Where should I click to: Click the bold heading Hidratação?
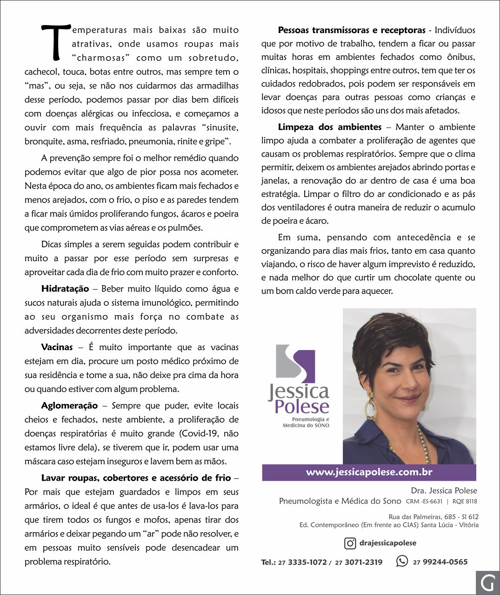[65, 289]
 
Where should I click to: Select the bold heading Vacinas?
[57, 347]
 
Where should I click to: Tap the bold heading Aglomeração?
[69, 405]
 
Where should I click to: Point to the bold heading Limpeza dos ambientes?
[330, 127]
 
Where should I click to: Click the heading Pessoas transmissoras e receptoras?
[352, 30]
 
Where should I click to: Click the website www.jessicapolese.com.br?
[369, 472]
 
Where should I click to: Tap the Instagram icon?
[350, 543]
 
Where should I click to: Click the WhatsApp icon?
[402, 562]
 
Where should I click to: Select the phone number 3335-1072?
[307, 562]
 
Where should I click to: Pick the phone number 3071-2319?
[363, 562]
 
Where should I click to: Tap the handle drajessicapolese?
[387, 543]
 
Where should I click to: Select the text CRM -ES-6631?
[424, 502]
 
